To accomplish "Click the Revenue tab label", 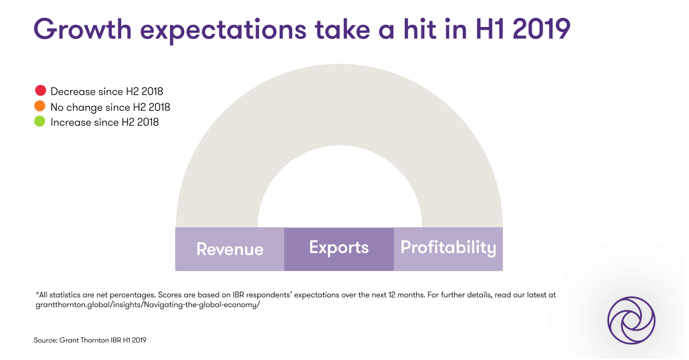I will coord(230,249).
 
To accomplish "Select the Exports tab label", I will coord(339,247).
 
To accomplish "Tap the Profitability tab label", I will coord(448,247).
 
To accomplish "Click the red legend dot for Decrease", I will coord(40,91).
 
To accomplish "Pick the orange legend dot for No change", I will coord(40,106).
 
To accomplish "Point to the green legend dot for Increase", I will coord(40,122).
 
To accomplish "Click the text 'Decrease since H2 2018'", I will coord(107,91).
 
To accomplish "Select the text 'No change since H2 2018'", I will coord(110,107).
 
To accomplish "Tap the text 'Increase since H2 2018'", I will coord(104,122).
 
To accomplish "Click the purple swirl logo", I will coord(632,320).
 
